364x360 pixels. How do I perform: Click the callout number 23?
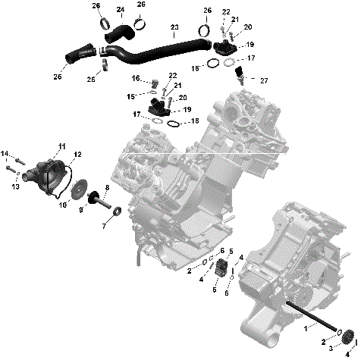tap(175, 28)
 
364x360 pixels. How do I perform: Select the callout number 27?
tap(264, 80)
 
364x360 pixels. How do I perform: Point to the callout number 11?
tap(61, 145)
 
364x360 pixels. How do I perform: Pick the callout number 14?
tap(5, 155)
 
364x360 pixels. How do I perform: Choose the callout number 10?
tap(63, 205)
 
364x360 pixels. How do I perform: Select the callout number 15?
tap(130, 96)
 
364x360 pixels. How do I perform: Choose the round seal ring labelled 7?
tap(115, 220)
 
